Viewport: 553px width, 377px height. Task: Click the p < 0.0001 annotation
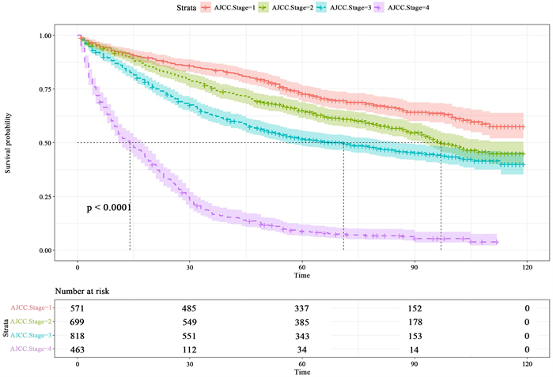pos(108,208)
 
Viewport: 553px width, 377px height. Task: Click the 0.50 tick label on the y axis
pos(47,143)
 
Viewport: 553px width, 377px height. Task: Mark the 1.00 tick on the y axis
pos(47,36)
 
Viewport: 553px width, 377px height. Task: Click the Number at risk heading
pos(82,292)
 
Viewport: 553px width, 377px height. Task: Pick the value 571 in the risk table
pos(78,308)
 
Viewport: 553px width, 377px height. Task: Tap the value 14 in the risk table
pos(415,350)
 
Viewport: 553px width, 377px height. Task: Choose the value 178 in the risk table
pos(415,322)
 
